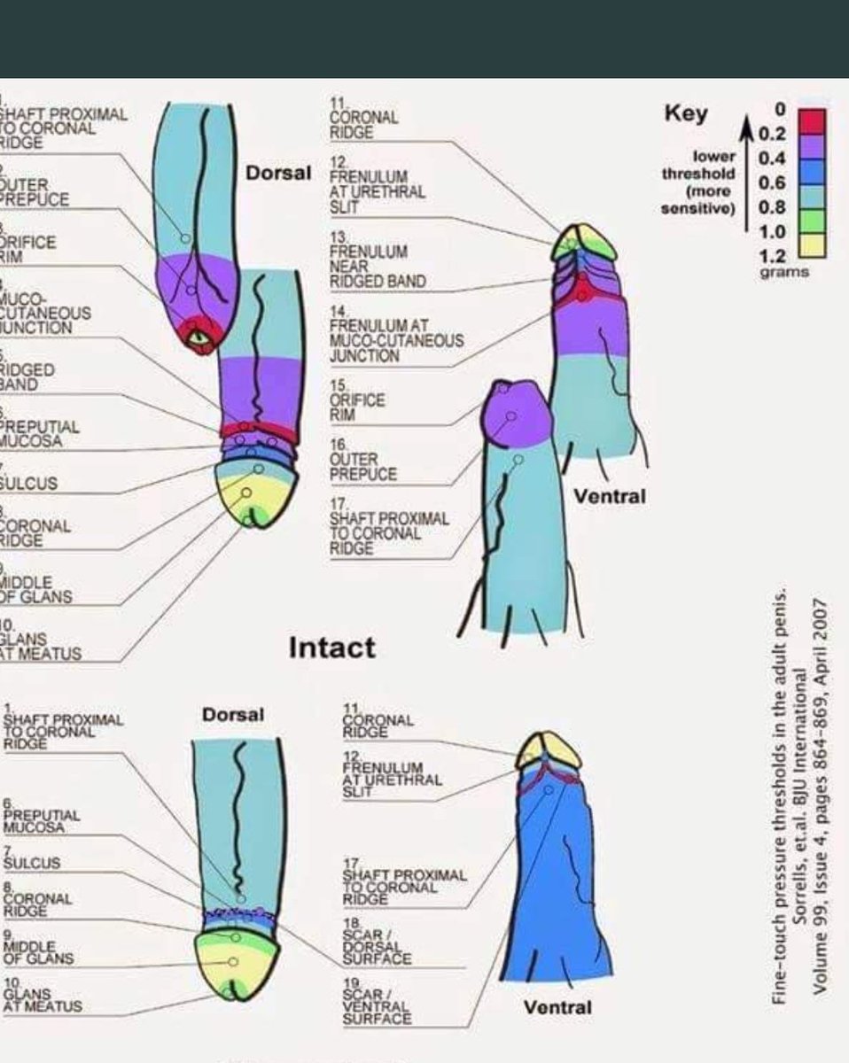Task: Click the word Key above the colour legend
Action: (686, 113)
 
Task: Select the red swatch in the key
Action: (813, 120)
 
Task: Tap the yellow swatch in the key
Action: (813, 244)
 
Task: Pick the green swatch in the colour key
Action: (813, 220)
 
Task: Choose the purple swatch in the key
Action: (813, 145)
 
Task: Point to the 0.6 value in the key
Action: (772, 183)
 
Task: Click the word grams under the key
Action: (783, 272)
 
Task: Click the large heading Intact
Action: (332, 648)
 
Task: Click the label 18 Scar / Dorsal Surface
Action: (377, 942)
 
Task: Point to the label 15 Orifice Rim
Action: (356, 400)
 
